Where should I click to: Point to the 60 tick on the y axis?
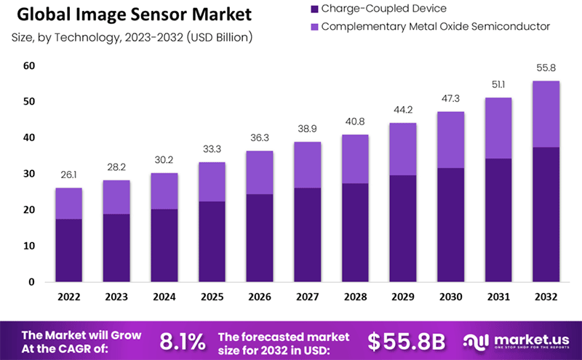[29, 66]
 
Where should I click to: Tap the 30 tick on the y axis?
[29, 174]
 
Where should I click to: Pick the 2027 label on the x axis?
[308, 297]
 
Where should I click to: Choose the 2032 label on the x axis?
[545, 297]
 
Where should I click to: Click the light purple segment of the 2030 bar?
[450, 140]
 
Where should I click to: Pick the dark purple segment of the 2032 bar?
[545, 215]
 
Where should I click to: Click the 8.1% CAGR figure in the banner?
[182, 341]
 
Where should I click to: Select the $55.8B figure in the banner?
[405, 341]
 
